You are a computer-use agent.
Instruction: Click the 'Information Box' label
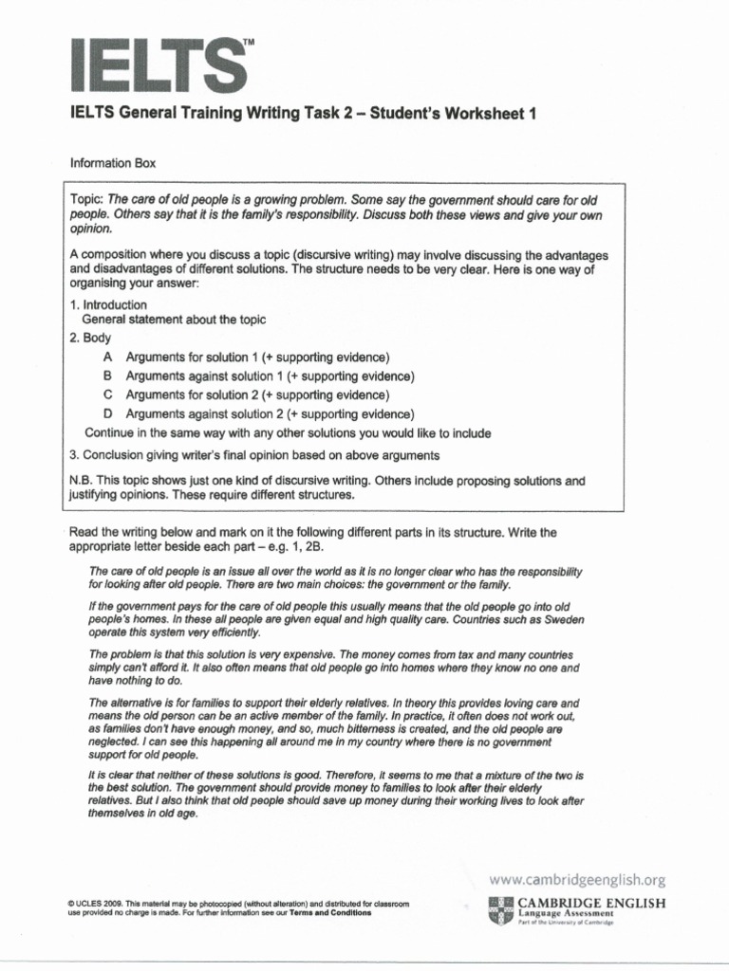pos(113,163)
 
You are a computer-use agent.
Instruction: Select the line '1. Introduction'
pos(108,304)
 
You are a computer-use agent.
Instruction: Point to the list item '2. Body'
pos(91,338)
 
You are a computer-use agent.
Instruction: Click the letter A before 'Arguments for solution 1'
pos(107,357)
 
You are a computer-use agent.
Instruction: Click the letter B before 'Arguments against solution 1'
pos(107,376)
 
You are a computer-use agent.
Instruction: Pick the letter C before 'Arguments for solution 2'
pos(107,394)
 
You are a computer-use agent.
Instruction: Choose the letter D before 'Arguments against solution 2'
pos(107,413)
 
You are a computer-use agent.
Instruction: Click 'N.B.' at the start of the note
pos(84,481)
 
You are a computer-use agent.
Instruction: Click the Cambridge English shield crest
pos(501,909)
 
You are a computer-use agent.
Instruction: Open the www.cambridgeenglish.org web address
pos(575,880)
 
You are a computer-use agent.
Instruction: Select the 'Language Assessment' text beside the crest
pos(566,913)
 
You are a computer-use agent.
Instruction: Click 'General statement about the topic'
pos(174,321)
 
